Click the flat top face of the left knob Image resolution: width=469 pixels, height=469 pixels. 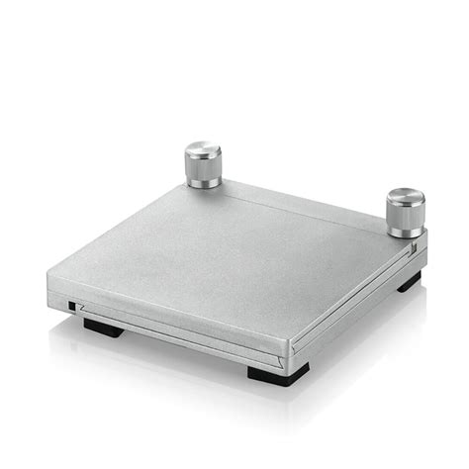(x=203, y=149)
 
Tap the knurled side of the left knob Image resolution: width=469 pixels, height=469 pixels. (x=203, y=167)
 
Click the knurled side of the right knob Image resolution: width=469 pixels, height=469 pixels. (x=405, y=214)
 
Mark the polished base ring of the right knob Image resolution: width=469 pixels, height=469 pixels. (x=405, y=232)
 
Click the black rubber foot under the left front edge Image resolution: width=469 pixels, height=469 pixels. (x=103, y=328)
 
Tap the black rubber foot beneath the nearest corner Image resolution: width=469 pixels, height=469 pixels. (x=278, y=373)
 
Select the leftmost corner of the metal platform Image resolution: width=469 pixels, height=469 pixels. (x=50, y=288)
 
